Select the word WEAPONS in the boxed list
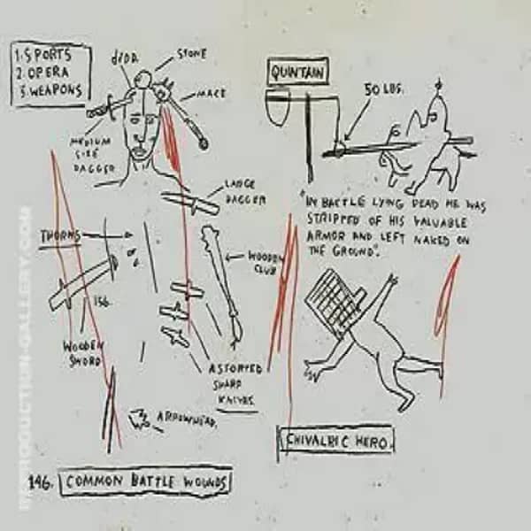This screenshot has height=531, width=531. pos(55,90)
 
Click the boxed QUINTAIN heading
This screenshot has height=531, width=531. pos(296,71)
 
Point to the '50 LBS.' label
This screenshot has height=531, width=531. pos(378,89)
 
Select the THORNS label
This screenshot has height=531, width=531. pos(60,235)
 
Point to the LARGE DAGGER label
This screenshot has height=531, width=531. pos(244,192)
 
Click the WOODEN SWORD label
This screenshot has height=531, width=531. pos(84,353)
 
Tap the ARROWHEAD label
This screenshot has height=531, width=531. pos(187,417)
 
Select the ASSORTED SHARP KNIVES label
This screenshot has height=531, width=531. pos(235,383)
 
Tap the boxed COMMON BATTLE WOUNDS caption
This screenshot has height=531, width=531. pos(147,482)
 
